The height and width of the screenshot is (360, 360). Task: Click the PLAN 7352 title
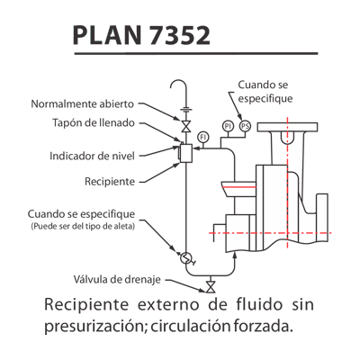coord(141,35)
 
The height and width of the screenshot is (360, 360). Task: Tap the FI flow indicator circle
coord(203,137)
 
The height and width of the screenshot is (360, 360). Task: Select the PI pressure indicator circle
coord(228,126)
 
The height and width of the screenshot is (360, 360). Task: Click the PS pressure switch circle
coord(245,126)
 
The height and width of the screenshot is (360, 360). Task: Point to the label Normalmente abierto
coord(83,104)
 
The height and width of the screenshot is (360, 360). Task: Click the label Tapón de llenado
coord(94,122)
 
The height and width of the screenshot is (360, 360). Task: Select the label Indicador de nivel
coord(92,156)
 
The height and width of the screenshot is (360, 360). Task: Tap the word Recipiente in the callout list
coord(110,182)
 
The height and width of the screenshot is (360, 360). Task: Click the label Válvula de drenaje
coord(117,279)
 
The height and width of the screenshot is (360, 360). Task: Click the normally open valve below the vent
coord(186,125)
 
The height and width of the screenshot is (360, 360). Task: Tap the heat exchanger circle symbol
coord(186,257)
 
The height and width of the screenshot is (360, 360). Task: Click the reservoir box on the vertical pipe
coord(186,153)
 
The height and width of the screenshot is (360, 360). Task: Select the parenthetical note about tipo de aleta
coord(83,226)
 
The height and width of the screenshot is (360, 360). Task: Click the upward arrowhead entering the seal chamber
coord(235,256)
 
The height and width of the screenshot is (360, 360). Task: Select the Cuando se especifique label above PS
coord(265,92)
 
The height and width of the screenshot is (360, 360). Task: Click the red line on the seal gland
coord(239,187)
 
